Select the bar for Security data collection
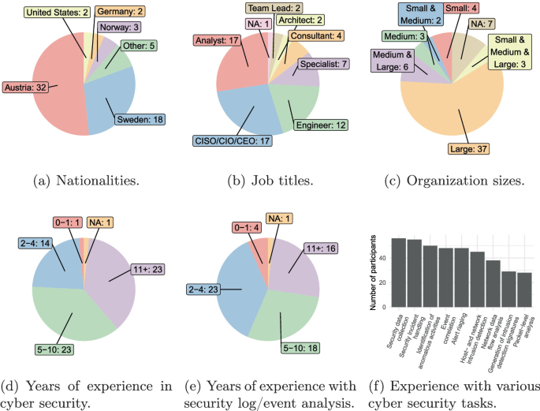click(399, 272)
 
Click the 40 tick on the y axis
click(383, 259)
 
